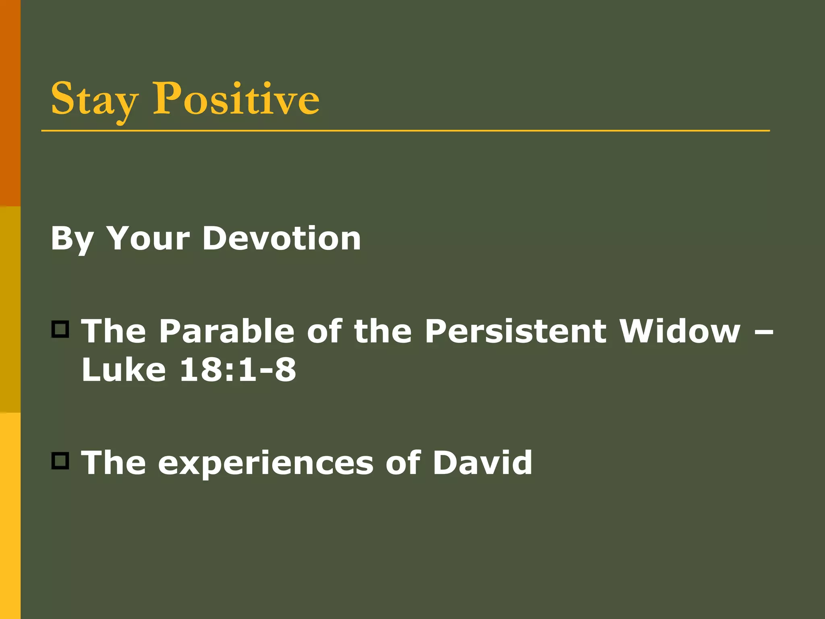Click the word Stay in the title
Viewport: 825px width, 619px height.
coord(94,99)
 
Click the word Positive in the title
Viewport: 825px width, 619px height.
coord(236,99)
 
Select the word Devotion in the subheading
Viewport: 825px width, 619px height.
coord(282,239)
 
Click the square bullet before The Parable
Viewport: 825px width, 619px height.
coord(60,329)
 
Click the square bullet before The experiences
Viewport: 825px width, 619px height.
coord(60,461)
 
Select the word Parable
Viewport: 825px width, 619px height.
coord(227,331)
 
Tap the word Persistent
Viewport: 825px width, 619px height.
coord(516,331)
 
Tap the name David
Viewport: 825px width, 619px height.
coord(482,462)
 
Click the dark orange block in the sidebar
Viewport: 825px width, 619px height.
coord(10,103)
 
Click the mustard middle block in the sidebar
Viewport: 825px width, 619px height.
coord(10,309)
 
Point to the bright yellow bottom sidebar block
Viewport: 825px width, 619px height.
coord(10,516)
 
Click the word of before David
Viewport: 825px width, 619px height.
coord(403,462)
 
